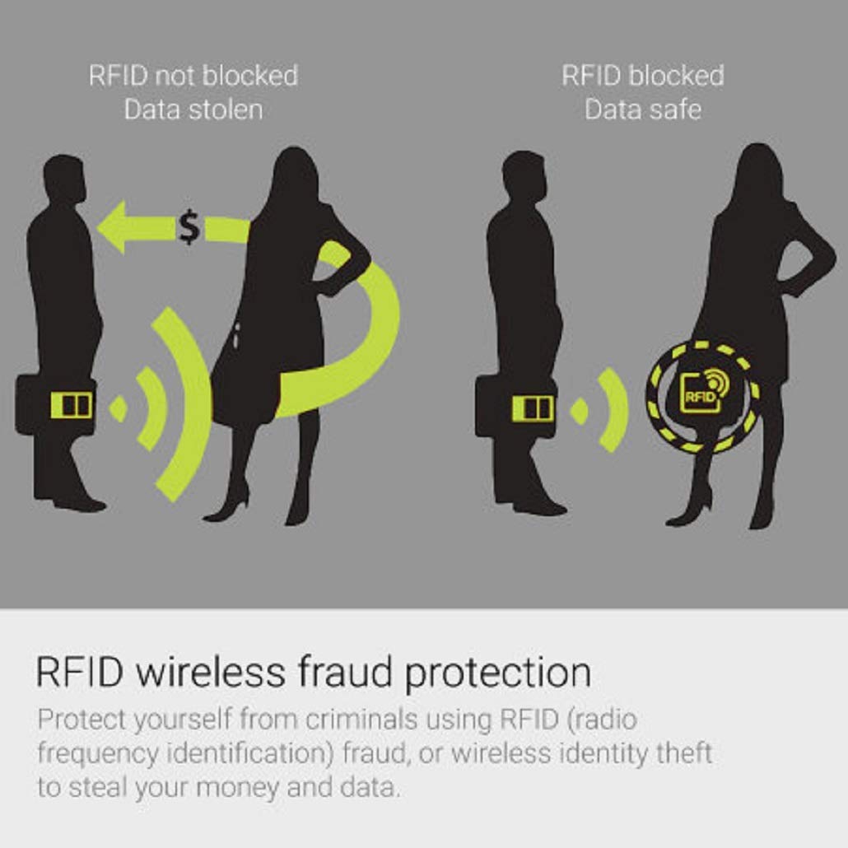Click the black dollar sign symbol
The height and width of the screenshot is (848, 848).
tap(189, 228)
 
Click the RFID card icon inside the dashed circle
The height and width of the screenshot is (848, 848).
tap(704, 390)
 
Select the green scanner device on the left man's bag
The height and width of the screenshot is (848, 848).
tap(72, 405)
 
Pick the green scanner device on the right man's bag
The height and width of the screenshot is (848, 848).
tap(533, 408)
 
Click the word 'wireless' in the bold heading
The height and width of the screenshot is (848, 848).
tap(211, 673)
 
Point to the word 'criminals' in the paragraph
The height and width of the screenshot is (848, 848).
tap(361, 720)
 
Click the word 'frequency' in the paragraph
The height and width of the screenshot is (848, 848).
tap(97, 754)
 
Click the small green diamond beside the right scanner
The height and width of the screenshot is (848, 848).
tap(580, 411)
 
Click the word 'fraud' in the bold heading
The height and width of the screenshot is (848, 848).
tap(345, 673)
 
